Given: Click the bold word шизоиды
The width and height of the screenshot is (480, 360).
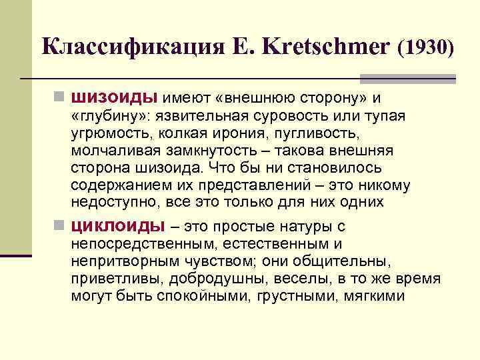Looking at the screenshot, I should pos(113,99).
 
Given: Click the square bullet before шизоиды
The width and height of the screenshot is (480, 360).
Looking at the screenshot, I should pos(60,99).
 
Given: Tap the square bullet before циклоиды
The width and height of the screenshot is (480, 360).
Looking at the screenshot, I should pos(60,226).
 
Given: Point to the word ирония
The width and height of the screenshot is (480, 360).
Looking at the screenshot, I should pos(253,133).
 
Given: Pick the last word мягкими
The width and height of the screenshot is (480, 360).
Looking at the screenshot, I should pos(375,295).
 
